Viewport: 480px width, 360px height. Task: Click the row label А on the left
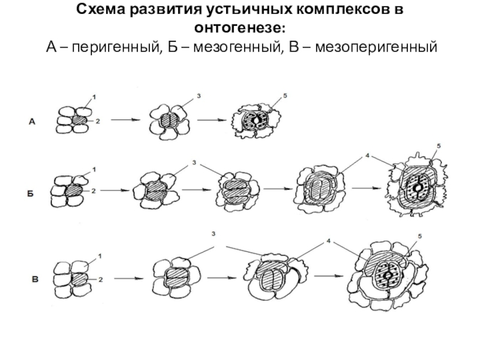click(34, 122)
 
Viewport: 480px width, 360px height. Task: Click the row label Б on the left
click(29, 194)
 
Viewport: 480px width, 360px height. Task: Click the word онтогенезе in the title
click(239, 28)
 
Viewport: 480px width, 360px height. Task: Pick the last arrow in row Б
click(365, 190)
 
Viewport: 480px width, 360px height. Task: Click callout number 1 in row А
click(94, 96)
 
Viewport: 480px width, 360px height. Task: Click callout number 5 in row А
click(286, 96)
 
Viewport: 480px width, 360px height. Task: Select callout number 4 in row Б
click(365, 155)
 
